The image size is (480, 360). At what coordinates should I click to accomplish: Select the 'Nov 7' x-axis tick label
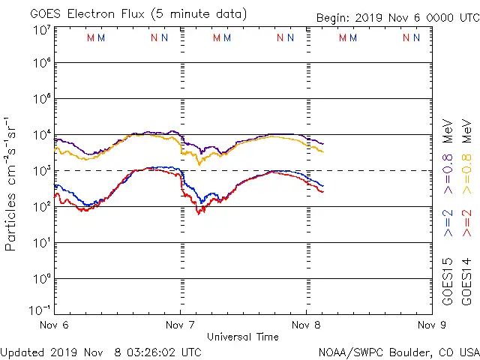click(178, 325)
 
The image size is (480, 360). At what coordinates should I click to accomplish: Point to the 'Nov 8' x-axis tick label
click(304, 325)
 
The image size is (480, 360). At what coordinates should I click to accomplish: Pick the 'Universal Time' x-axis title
click(242, 337)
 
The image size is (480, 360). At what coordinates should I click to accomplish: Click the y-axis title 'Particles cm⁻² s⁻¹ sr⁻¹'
click(12, 182)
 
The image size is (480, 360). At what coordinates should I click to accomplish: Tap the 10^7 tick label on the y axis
click(41, 31)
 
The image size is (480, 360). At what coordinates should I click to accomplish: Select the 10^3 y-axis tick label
click(41, 171)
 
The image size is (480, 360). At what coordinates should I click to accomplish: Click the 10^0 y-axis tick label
click(41, 279)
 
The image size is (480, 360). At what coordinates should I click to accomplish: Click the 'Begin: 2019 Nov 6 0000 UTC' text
click(397, 17)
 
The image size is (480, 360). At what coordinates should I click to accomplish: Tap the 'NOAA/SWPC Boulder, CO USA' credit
click(398, 352)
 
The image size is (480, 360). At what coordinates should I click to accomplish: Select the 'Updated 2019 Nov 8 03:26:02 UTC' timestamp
click(100, 352)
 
